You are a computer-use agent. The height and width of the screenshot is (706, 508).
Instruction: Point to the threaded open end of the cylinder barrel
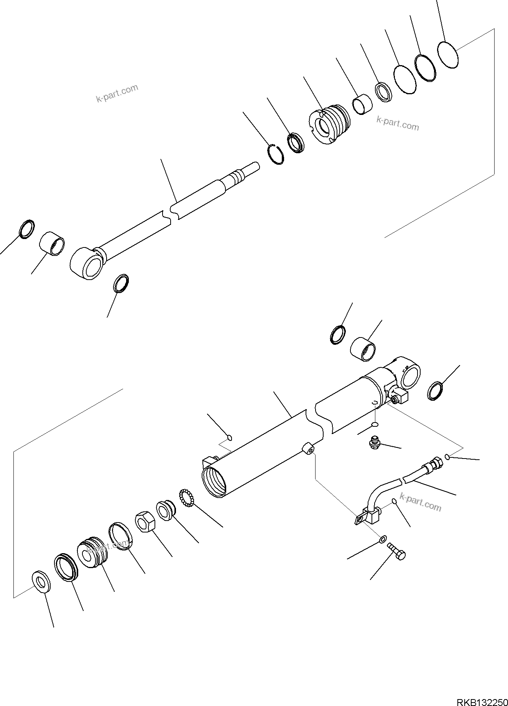[215, 481]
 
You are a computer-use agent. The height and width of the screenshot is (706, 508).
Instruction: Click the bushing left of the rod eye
[53, 243]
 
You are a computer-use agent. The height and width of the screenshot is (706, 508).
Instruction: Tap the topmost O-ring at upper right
[448, 55]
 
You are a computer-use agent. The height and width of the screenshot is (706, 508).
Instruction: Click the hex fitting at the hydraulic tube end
[436, 465]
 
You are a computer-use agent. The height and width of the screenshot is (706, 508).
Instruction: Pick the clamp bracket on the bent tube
[368, 516]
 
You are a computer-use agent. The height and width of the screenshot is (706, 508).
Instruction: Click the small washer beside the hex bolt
[383, 539]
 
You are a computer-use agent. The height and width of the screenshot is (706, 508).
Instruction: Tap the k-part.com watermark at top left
[117, 93]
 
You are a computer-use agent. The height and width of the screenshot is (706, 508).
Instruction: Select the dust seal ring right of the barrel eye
[436, 391]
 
